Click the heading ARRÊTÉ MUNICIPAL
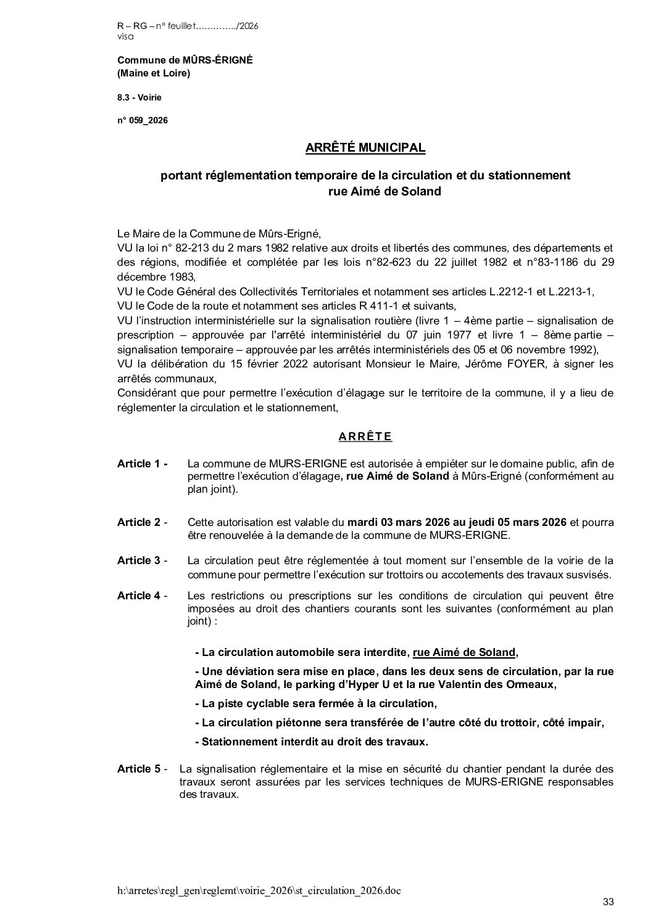click(365, 148)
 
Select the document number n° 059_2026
click(142, 120)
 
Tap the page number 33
click(609, 902)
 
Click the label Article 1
click(143, 464)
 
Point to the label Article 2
click(143, 522)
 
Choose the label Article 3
click(143, 560)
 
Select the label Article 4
click(143, 596)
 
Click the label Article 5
click(143, 769)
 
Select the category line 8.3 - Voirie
click(139, 97)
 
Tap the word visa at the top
click(125, 36)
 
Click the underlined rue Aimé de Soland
click(464, 652)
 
